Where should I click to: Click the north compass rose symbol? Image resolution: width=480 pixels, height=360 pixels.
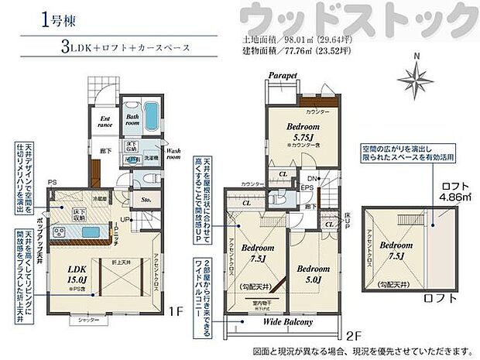click(x=417, y=77)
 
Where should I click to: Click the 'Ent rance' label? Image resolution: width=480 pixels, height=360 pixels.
click(x=106, y=121)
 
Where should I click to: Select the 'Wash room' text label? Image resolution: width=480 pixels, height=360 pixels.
click(x=173, y=153)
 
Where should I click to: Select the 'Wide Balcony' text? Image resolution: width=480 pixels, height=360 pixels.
click(x=287, y=322)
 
